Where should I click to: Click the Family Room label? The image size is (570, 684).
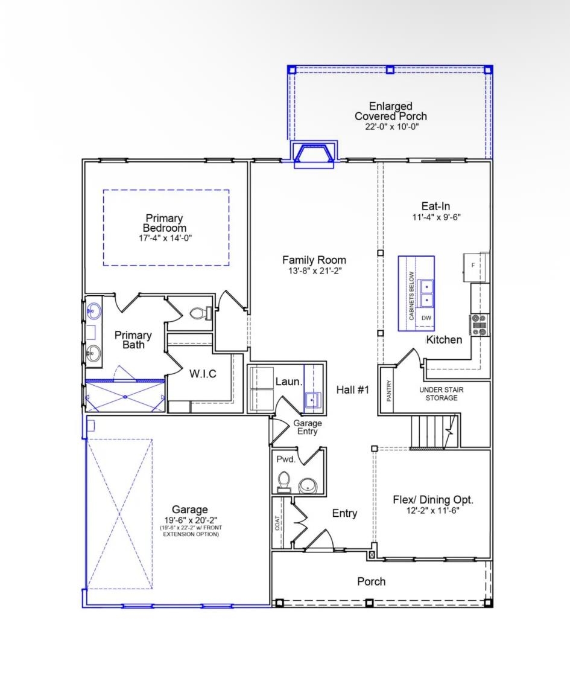pos(314,260)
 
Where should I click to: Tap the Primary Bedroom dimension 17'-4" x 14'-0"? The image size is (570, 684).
pos(165,238)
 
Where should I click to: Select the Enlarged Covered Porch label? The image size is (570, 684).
pos(390,111)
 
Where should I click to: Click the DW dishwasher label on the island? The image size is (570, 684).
pos(426,318)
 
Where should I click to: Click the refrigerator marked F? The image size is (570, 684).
pos(473,266)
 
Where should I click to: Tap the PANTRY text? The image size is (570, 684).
pos(389,391)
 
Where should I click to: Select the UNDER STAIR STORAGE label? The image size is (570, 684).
pos(445,394)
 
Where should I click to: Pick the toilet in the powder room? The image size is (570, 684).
pos(283,481)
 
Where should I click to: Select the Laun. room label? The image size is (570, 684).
pos(289,382)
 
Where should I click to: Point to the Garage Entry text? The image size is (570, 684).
pos(307,427)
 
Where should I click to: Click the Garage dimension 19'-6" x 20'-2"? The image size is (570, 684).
pos(189,520)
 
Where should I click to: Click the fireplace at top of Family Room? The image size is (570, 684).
pos(314,154)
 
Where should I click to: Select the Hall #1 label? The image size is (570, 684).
pos(352,390)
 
